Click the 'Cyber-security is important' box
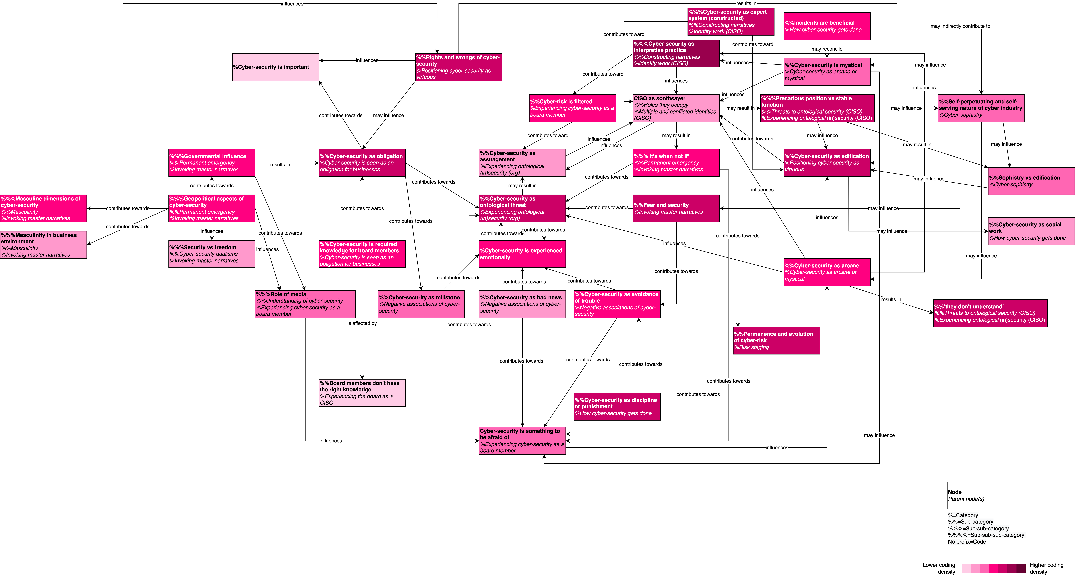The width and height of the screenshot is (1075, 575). point(275,67)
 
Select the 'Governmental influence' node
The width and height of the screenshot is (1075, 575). point(212,163)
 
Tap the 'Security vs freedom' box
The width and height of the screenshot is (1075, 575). point(212,254)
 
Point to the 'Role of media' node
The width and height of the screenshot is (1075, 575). point(305,304)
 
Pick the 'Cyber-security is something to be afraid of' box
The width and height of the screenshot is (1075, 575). point(522,441)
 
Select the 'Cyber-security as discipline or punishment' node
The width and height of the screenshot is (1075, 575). point(617,406)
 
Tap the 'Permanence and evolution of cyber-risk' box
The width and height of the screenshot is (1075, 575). point(776,340)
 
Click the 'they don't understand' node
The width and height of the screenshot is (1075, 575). point(990,313)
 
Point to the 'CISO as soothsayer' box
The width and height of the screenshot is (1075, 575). point(676,108)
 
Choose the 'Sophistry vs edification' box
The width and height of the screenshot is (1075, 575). point(1031,181)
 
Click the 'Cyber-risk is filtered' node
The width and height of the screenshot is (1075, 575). point(572,108)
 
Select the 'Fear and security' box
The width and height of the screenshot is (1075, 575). point(676,208)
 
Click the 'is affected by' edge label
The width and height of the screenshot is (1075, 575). point(362,323)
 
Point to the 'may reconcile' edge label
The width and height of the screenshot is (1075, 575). point(827,49)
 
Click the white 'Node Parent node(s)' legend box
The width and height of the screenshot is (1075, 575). point(990,495)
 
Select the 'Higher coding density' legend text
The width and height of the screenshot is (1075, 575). point(1046,568)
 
